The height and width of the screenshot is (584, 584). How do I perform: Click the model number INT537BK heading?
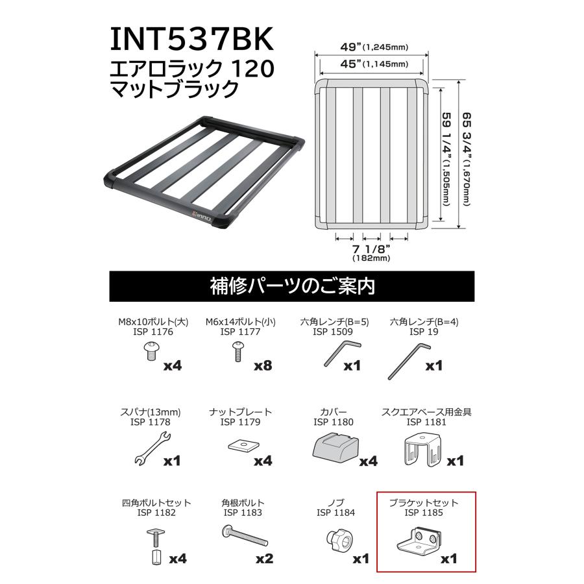(192, 40)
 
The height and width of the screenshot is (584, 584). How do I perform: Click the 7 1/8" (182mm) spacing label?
(371, 252)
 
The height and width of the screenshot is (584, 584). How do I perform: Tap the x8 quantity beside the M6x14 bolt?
(263, 365)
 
